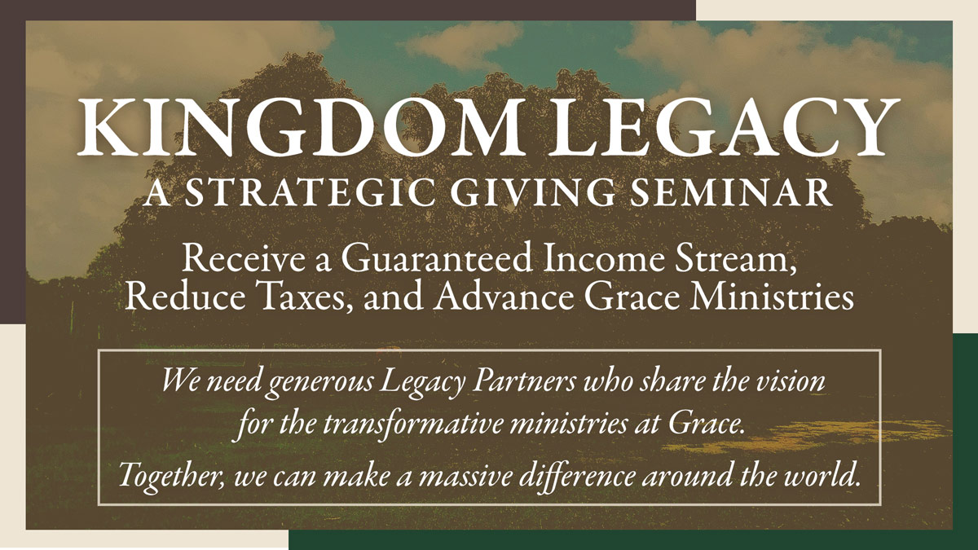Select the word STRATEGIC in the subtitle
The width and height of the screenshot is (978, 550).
coord(311,191)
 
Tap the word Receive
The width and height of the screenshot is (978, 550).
coord(243,259)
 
